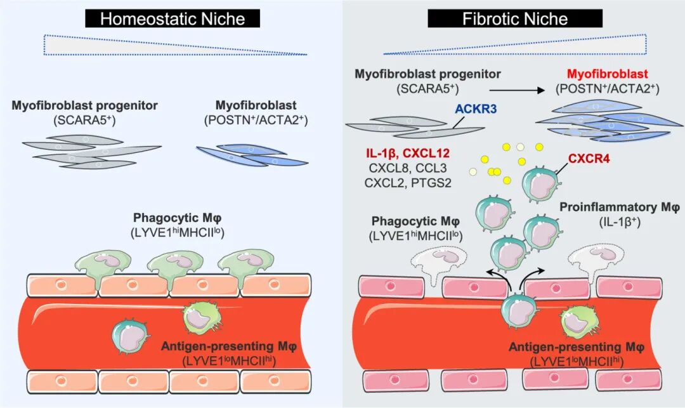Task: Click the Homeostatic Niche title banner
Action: [173, 19]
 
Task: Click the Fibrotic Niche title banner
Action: [515, 19]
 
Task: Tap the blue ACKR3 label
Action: [476, 109]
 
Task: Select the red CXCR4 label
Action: [589, 158]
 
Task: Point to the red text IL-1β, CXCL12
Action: [408, 154]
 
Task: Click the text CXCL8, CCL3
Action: [408, 168]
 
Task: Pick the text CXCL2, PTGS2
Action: [408, 183]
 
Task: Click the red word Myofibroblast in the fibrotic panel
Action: [607, 74]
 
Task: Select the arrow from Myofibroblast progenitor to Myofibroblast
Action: [518, 91]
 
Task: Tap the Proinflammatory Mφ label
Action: [620, 207]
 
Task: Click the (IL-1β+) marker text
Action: [620, 222]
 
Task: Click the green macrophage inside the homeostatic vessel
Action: [200, 319]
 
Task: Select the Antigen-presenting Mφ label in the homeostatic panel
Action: [229, 346]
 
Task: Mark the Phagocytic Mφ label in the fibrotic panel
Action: [415, 221]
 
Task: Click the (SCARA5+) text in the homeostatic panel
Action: [84, 120]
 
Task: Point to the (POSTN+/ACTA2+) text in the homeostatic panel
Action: [256, 120]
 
